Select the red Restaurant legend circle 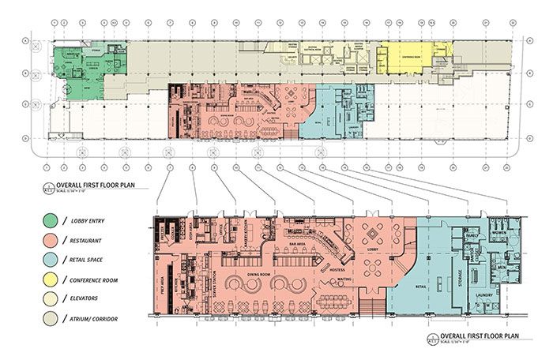click(50, 240)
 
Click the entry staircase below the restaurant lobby click(372, 303)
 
